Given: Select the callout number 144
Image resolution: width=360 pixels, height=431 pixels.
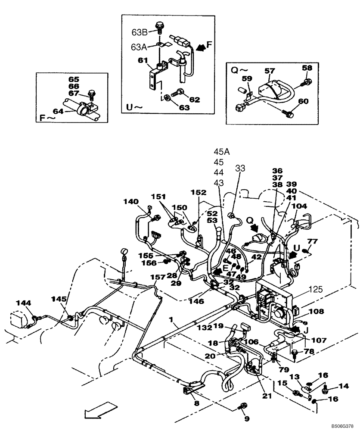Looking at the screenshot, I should click(24, 303).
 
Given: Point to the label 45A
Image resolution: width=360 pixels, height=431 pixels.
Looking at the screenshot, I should click(222, 151).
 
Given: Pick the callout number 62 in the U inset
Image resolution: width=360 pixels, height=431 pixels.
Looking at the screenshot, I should click(194, 100).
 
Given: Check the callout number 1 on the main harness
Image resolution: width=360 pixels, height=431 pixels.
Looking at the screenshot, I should click(171, 320).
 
